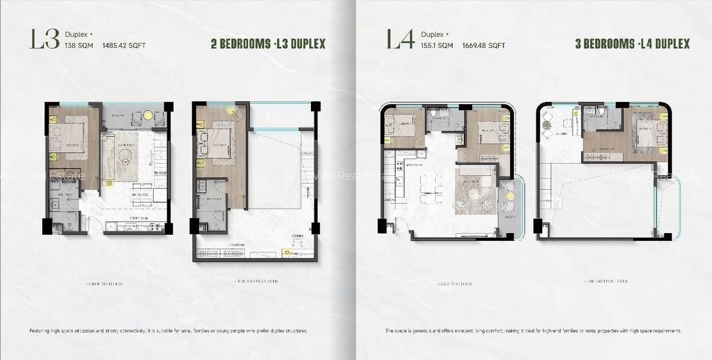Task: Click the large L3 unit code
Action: tap(45, 39)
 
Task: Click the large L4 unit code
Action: tap(400, 39)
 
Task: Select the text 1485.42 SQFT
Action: tap(124, 45)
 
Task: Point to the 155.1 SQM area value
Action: tap(437, 45)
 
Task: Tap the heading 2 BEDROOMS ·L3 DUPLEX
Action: tap(268, 44)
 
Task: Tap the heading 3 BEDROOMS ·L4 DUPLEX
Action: tap(632, 44)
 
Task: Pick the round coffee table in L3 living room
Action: tap(125, 159)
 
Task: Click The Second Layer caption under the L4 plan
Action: tap(605, 281)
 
